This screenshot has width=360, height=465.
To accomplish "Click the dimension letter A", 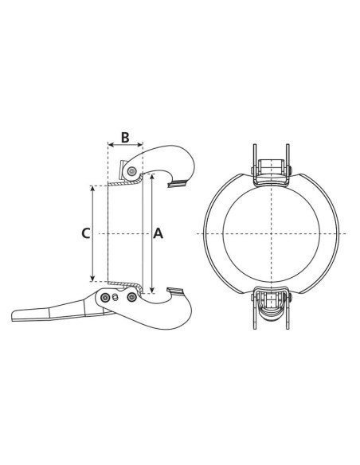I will (158, 233).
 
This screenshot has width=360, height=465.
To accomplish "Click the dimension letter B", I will (124, 136).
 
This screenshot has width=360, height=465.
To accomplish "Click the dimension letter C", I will (85, 233).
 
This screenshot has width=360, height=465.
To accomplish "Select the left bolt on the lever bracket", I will (104, 298).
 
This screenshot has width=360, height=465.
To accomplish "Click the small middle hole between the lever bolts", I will (117, 298).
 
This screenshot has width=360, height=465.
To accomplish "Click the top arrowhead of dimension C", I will (94, 189).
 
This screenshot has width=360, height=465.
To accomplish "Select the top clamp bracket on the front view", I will (271, 169).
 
